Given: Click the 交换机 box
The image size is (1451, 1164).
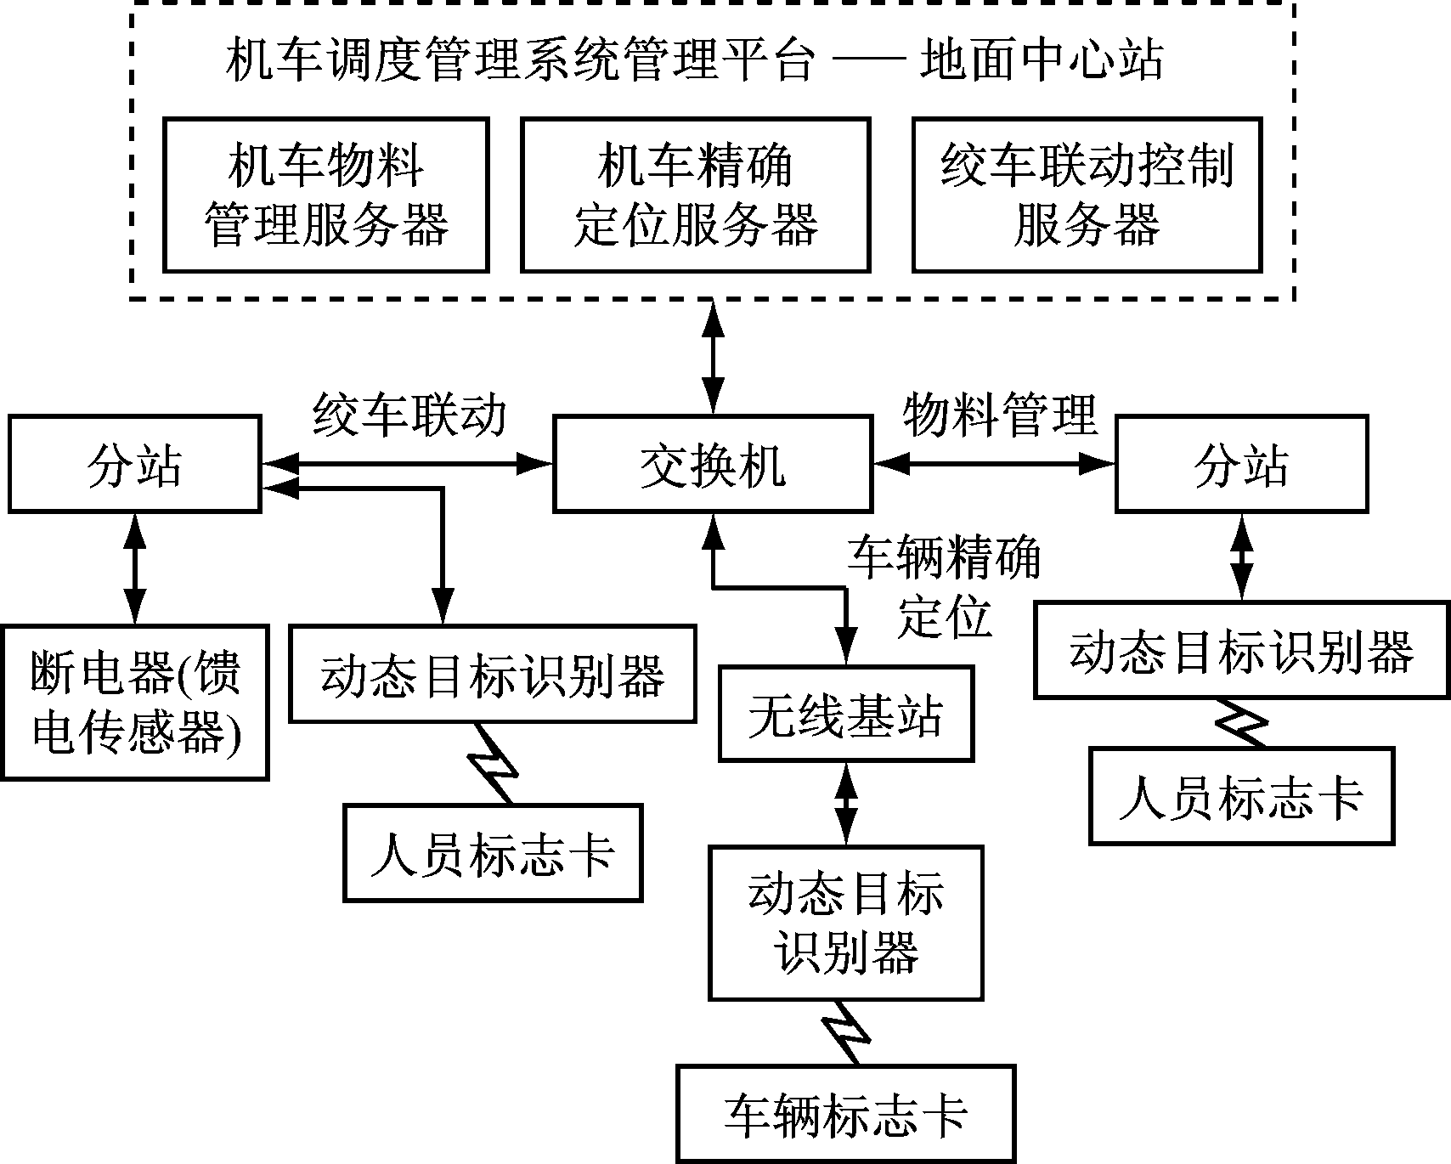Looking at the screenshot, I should pos(712,464).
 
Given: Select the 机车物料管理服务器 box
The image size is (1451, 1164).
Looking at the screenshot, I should pos(326,195).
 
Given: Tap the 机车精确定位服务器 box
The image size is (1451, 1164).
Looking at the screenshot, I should pos(695,195).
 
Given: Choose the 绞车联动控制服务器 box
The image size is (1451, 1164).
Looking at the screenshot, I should pos(1087,195).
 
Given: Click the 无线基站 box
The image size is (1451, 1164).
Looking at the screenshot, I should pos(845,714).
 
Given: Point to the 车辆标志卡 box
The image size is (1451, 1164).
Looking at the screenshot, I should pos(846,1114).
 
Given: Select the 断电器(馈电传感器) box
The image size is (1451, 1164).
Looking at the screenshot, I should pos(135,703).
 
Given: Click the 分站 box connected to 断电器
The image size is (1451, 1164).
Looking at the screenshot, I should pos(134,464).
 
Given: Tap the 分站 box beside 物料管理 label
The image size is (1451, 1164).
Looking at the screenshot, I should pos(1241,464).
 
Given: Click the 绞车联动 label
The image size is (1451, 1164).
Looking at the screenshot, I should pos(409,415).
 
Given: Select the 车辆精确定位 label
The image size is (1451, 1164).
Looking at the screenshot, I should pos(943,586).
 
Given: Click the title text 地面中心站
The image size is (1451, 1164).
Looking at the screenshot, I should pos(1042,61).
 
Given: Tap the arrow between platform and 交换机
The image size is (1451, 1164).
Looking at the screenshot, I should pos(713,357).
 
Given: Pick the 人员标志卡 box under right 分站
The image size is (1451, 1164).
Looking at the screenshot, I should pos(1241,796).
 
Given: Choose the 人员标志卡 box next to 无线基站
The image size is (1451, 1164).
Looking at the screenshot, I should pos(493,853).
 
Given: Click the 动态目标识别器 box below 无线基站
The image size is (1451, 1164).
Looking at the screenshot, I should pos(845,923).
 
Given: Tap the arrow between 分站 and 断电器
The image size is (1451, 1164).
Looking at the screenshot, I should pos(134,568).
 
